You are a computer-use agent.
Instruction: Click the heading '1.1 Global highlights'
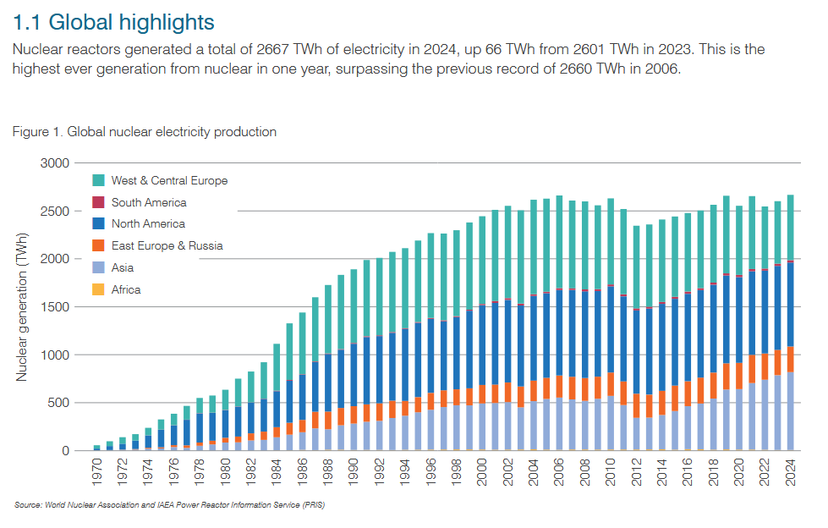click(114, 20)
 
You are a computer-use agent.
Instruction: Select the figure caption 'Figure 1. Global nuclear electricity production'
click(145, 132)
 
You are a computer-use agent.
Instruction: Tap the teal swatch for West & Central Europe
click(98, 180)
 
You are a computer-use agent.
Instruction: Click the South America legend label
click(149, 202)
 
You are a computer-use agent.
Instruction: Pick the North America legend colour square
click(98, 224)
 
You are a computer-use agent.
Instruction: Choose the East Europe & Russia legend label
click(167, 246)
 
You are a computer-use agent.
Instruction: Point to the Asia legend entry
click(122, 268)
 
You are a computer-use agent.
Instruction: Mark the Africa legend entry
click(125, 290)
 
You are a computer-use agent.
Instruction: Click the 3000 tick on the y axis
click(57, 162)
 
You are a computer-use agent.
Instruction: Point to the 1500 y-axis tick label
click(57, 307)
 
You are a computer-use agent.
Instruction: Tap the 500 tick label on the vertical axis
click(60, 403)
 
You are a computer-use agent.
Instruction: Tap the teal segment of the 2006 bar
click(559, 245)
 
